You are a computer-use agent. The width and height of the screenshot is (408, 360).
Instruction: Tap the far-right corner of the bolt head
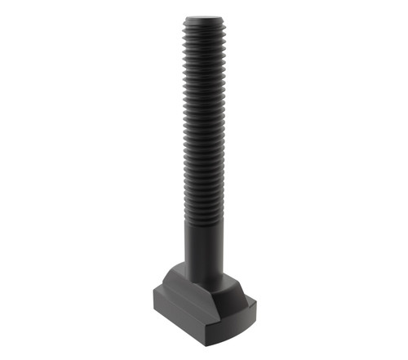pos(255,304)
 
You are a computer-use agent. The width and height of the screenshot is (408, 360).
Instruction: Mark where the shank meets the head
pos(204,278)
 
